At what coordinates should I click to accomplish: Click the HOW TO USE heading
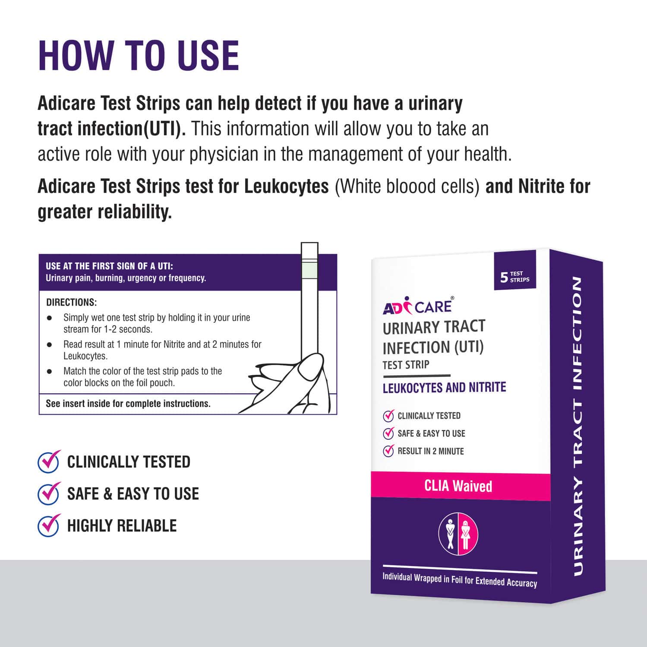[x=139, y=56]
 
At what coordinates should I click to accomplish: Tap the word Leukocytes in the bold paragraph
[x=286, y=186]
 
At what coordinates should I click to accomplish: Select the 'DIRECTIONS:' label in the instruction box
[x=72, y=302]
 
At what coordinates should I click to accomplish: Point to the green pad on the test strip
[x=309, y=271]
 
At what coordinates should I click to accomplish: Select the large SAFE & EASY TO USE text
[x=133, y=494]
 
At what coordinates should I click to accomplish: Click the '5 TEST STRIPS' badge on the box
[x=514, y=277]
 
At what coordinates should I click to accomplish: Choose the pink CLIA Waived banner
[x=458, y=486]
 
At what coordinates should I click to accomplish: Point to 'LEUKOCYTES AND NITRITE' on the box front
[x=444, y=388]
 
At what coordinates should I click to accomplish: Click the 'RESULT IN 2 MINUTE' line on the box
[x=430, y=451]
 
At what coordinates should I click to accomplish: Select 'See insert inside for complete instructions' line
[x=128, y=404]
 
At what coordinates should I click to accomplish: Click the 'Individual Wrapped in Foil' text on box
[x=460, y=580]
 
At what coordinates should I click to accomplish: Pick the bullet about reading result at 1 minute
[x=162, y=350]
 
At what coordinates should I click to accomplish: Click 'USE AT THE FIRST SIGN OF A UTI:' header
[x=109, y=266]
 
